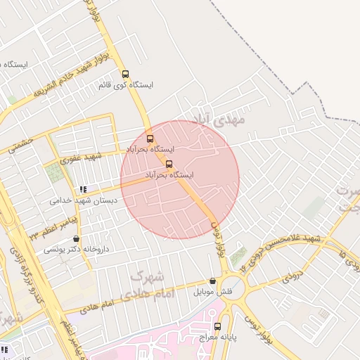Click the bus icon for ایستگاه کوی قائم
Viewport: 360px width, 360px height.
[125, 74]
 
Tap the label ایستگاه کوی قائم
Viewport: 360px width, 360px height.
[127, 84]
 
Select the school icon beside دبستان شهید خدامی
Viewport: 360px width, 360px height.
[84, 189]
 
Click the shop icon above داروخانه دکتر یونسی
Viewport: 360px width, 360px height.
[76, 238]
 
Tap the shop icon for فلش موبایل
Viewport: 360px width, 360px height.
[212, 281]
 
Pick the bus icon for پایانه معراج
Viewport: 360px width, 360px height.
[217, 326]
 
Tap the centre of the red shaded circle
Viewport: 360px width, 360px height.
[180, 180]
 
